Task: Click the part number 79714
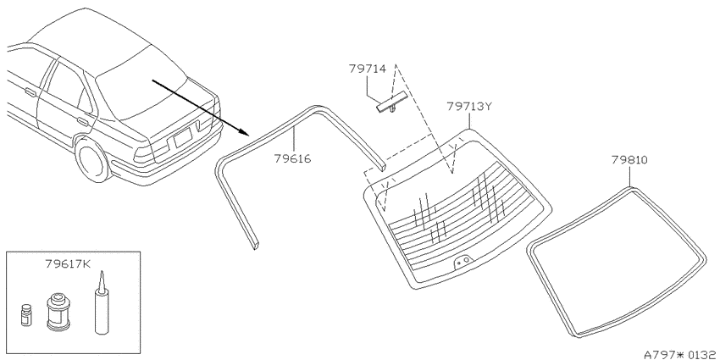368,69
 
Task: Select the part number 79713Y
469,107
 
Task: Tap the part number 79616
292,159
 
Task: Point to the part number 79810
629,160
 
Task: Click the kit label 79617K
69,264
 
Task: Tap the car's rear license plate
182,138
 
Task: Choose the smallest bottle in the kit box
27,314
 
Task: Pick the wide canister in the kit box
58,312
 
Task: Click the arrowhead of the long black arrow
243,132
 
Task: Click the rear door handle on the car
83,122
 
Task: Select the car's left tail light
144,155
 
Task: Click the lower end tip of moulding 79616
256,246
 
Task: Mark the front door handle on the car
30,93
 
